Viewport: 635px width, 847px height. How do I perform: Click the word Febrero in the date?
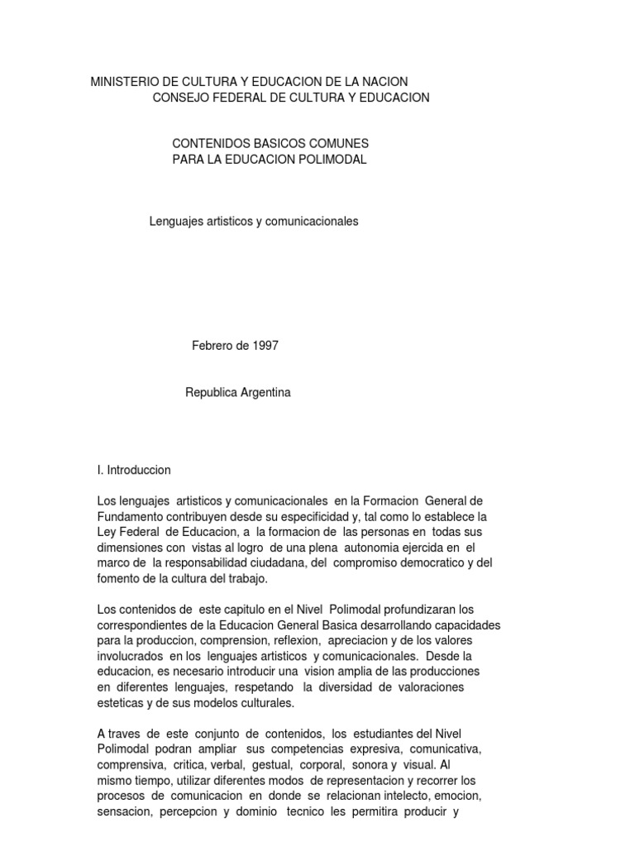pos(212,346)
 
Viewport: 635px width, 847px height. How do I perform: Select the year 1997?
pos(265,346)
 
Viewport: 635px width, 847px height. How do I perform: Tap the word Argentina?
pos(263,393)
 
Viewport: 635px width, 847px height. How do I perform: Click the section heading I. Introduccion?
pos(134,470)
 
